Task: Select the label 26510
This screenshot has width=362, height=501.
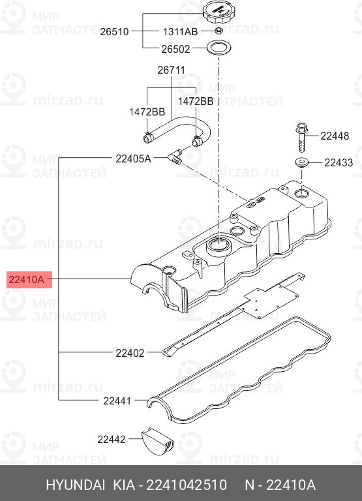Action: (x=114, y=31)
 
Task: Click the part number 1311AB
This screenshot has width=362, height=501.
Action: (x=180, y=31)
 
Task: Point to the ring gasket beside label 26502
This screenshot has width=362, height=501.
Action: (x=219, y=48)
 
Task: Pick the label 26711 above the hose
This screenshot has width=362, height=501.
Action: (x=172, y=70)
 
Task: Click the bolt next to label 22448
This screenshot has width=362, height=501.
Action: (x=301, y=138)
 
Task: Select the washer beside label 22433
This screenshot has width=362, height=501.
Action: (x=302, y=162)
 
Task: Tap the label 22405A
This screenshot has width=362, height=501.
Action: (x=133, y=159)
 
